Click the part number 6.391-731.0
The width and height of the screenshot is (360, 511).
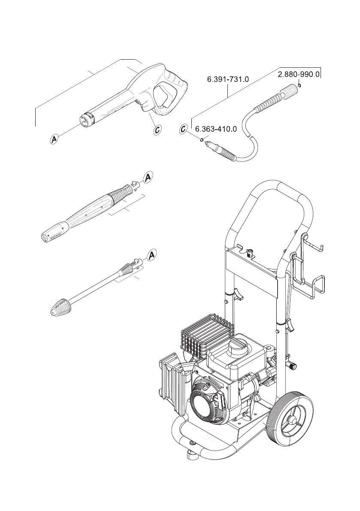pyautogui.click(x=228, y=79)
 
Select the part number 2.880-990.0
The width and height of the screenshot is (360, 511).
pyautogui.click(x=299, y=74)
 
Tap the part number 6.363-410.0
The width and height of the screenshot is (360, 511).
pyautogui.click(x=216, y=129)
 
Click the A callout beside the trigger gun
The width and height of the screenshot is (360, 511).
pyautogui.click(x=54, y=139)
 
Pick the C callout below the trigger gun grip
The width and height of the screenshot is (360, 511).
pyautogui.click(x=157, y=129)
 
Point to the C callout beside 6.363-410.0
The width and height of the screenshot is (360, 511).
pyautogui.click(x=184, y=129)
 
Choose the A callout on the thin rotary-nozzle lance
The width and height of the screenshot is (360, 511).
pyautogui.click(x=151, y=255)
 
